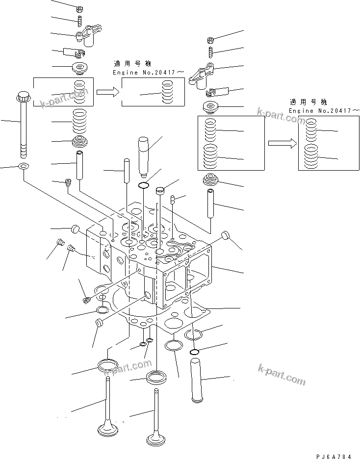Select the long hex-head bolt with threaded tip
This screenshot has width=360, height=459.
(23, 123)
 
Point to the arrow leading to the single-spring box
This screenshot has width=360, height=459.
(107, 92)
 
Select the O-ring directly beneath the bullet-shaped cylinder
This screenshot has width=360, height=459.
(144, 185)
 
